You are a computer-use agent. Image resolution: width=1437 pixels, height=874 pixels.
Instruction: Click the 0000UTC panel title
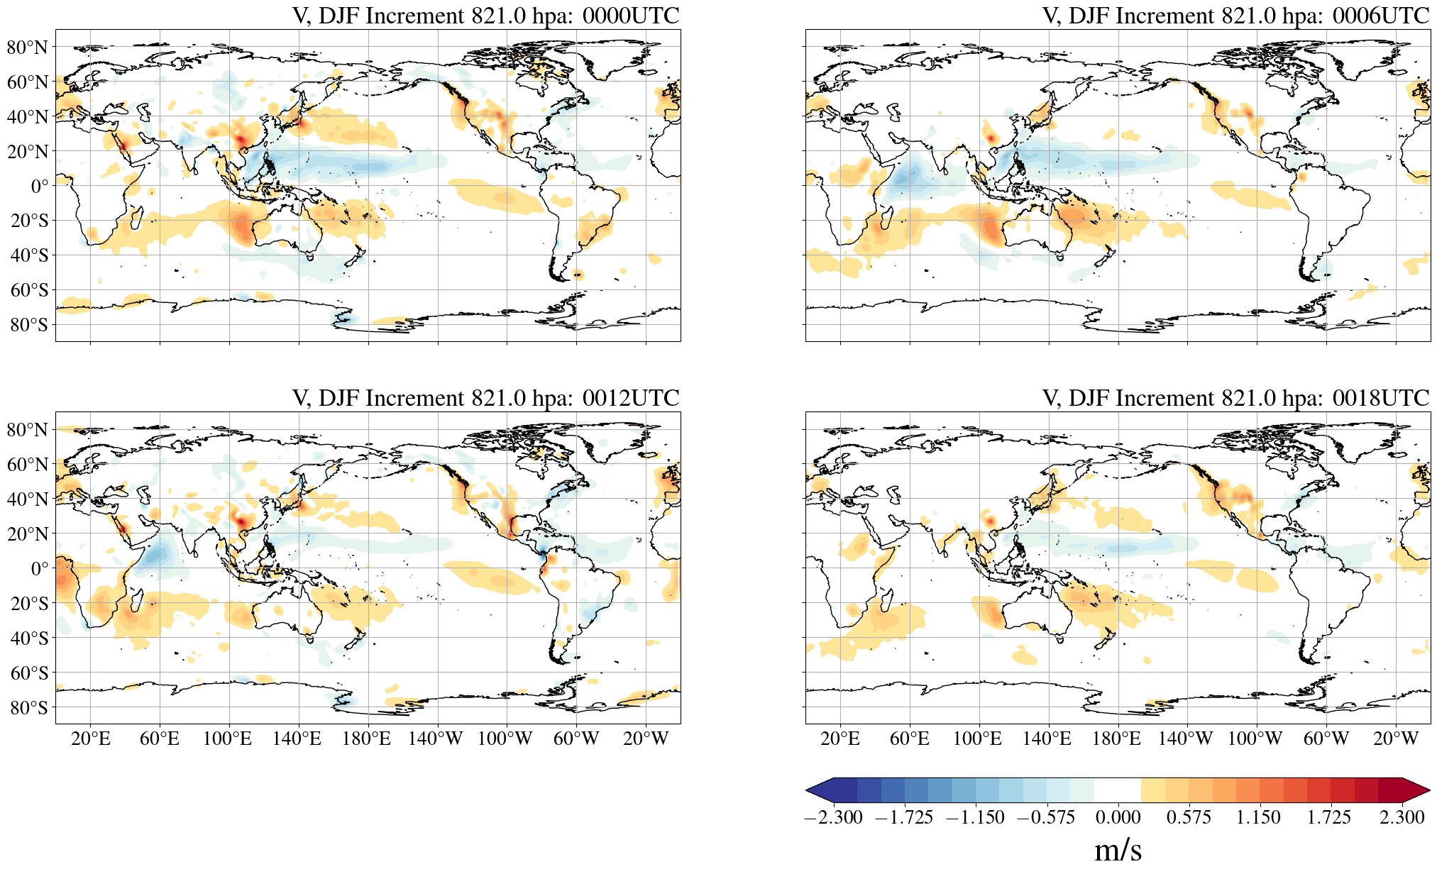click(485, 16)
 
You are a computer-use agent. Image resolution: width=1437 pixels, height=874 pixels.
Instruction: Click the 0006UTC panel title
click(1235, 16)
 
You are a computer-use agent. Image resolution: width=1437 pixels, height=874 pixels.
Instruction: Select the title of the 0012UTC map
click(485, 398)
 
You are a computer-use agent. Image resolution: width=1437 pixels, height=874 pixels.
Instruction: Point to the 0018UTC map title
click(1235, 398)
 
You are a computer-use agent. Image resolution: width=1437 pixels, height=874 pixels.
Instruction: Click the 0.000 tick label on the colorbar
click(1118, 817)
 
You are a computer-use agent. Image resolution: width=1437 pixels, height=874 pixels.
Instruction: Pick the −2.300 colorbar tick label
click(833, 817)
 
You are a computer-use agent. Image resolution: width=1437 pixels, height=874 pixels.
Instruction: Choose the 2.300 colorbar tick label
click(1402, 817)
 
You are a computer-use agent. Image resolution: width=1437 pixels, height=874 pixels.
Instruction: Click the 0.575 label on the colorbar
click(1189, 817)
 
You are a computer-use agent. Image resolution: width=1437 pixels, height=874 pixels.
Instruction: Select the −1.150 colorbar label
click(975, 817)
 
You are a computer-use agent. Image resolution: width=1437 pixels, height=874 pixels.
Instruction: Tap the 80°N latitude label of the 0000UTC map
click(27, 48)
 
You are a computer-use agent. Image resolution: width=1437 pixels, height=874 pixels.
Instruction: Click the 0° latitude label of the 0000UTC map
click(40, 187)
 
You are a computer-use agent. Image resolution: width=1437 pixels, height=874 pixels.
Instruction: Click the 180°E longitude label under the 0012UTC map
click(366, 739)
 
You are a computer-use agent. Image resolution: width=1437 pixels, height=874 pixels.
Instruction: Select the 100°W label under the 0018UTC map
click(1255, 739)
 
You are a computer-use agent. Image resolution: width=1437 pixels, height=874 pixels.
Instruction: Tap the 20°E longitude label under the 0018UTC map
click(840, 739)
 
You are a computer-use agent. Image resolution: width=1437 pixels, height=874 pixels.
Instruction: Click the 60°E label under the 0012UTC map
click(160, 739)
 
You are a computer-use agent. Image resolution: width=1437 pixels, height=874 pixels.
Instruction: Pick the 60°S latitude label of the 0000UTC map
click(29, 290)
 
